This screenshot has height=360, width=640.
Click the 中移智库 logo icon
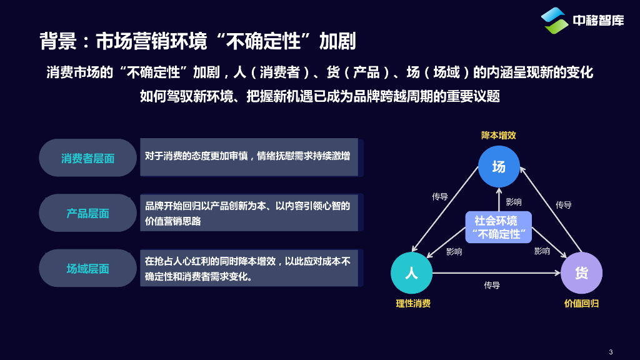pyautogui.click(x=554, y=21)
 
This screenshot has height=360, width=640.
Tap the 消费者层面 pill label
pyautogui.click(x=88, y=158)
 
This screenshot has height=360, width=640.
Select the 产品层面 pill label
pyautogui.click(x=88, y=213)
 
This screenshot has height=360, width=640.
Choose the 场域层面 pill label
pyautogui.click(x=88, y=268)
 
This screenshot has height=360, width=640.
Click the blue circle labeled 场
pyautogui.click(x=499, y=167)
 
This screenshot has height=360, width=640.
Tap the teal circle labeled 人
pyautogui.click(x=411, y=273)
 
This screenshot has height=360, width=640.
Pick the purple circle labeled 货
pyautogui.click(x=581, y=273)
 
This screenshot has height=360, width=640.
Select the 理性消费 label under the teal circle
pyautogui.click(x=413, y=304)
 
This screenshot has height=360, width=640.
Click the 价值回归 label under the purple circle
pyautogui.click(x=581, y=304)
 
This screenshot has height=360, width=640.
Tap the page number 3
pyautogui.click(x=610, y=351)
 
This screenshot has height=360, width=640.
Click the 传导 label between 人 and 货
pyautogui.click(x=492, y=285)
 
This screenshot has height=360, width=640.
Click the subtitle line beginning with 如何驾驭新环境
pyautogui.click(x=320, y=96)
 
